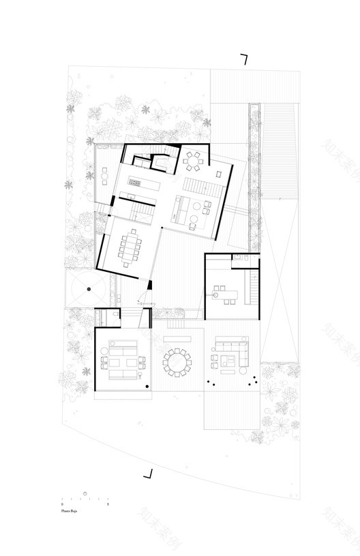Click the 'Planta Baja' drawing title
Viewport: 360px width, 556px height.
coord(69,509)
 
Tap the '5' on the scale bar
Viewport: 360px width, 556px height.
coord(108,504)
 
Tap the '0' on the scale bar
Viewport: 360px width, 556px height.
coord(63,504)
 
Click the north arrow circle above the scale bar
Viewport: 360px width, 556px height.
coord(85,493)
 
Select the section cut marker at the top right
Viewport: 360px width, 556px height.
coord(243,60)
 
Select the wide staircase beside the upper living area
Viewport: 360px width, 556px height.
coord(204,185)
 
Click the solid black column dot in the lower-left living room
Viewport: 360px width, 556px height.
coord(148,388)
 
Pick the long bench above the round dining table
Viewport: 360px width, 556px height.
coord(177,338)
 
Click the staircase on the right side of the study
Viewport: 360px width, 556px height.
coord(252,286)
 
